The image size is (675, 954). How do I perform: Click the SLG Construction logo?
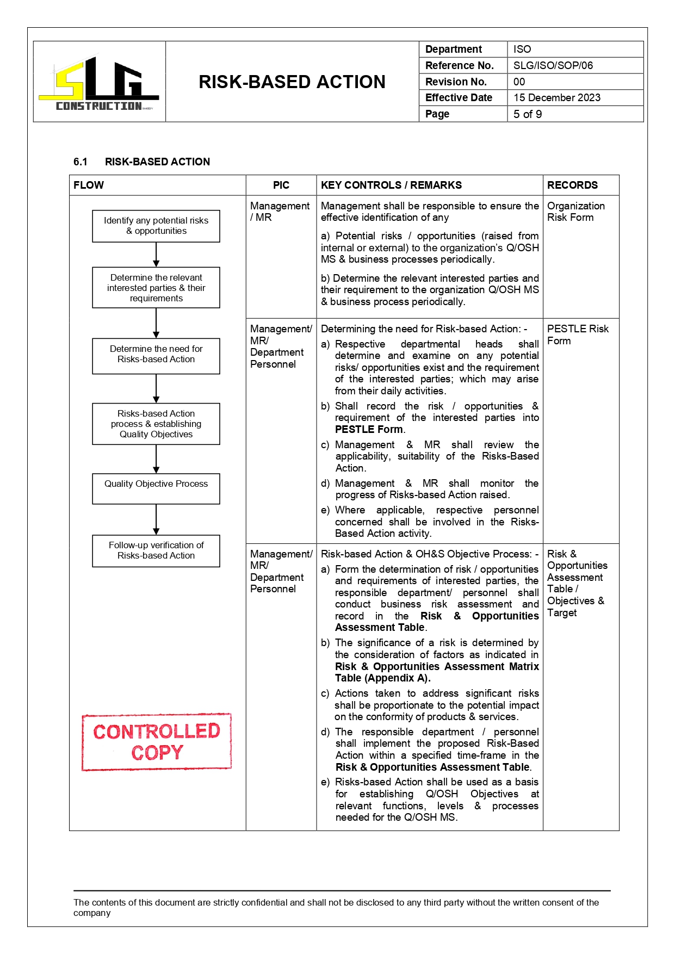[x=99, y=83]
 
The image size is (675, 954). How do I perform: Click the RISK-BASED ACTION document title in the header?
[x=292, y=82]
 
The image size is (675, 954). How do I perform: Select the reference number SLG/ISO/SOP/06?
[x=553, y=66]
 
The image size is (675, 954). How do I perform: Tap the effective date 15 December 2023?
[x=556, y=98]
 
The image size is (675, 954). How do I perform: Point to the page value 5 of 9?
[x=527, y=114]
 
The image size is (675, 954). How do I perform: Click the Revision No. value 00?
[x=519, y=82]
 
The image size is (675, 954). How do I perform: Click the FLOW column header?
[x=89, y=185]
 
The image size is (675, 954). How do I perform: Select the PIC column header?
[x=281, y=185]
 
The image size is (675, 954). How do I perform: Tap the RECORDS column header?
[x=572, y=185]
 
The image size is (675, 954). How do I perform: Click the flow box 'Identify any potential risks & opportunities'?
[x=156, y=226]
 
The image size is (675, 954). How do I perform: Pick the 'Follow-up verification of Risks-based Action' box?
[x=156, y=550]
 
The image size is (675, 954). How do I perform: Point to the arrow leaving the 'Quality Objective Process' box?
[x=156, y=519]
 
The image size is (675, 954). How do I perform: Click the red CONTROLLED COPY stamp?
[x=157, y=742]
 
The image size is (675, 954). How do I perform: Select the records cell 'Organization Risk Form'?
[x=575, y=212]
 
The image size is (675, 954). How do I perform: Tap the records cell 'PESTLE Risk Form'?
[x=577, y=334]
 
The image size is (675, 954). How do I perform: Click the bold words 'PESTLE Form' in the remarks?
[x=369, y=430]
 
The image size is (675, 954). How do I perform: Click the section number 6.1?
[x=80, y=162]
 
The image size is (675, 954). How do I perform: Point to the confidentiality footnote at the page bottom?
[x=336, y=907]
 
